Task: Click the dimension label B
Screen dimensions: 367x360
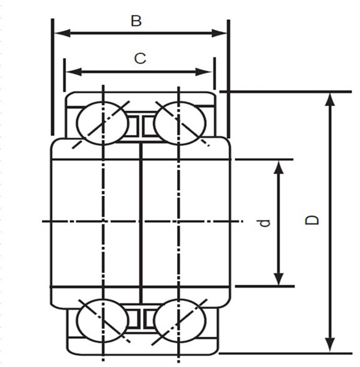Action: [x=136, y=21]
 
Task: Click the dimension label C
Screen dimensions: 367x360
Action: [x=139, y=58]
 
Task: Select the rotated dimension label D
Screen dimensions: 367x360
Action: [x=312, y=220]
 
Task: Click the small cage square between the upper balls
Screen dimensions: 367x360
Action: [x=140, y=124]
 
